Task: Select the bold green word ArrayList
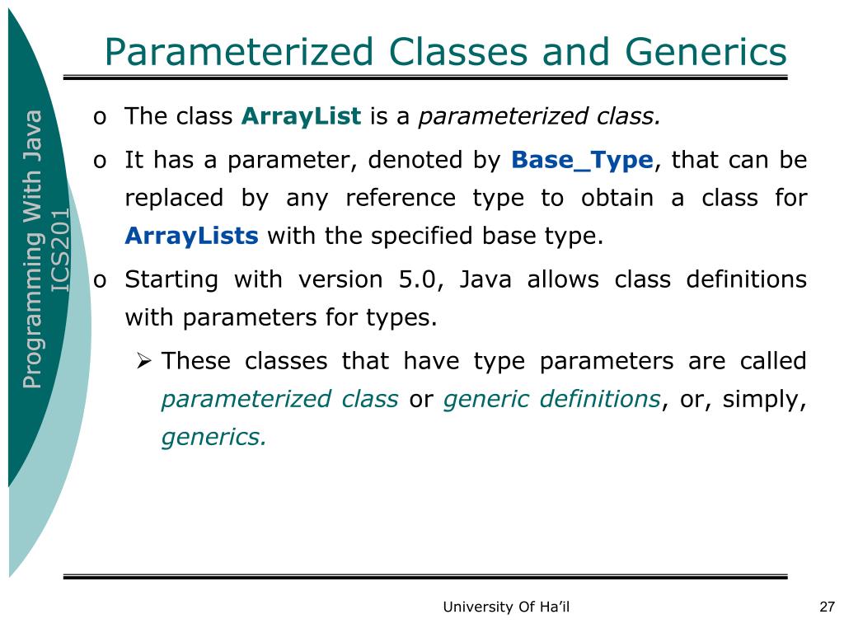(301, 117)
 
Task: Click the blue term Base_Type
(583, 159)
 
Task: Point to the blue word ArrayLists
(191, 237)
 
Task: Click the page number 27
(827, 607)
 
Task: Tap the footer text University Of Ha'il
(506, 607)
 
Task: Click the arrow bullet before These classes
(143, 361)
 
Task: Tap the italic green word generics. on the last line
(213, 438)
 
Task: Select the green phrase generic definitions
(551, 399)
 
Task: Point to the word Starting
(171, 280)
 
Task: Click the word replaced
(174, 198)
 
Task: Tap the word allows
(564, 279)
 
